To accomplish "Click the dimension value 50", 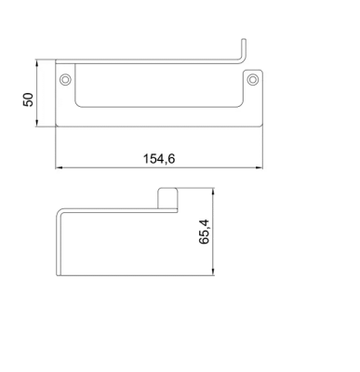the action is tap(28, 100).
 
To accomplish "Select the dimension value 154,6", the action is tap(159, 159).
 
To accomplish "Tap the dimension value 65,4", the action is tap(205, 232).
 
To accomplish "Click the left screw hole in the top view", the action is tap(65, 79).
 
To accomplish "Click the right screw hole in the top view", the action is tap(253, 79).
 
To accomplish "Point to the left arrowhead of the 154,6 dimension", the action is tap(59, 167).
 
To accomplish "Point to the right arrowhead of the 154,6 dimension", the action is tap(260, 167).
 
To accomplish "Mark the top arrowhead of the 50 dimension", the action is tap(37, 63).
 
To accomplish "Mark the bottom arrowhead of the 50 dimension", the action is tap(37, 123).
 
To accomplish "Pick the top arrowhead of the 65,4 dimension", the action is tap(213, 192).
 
